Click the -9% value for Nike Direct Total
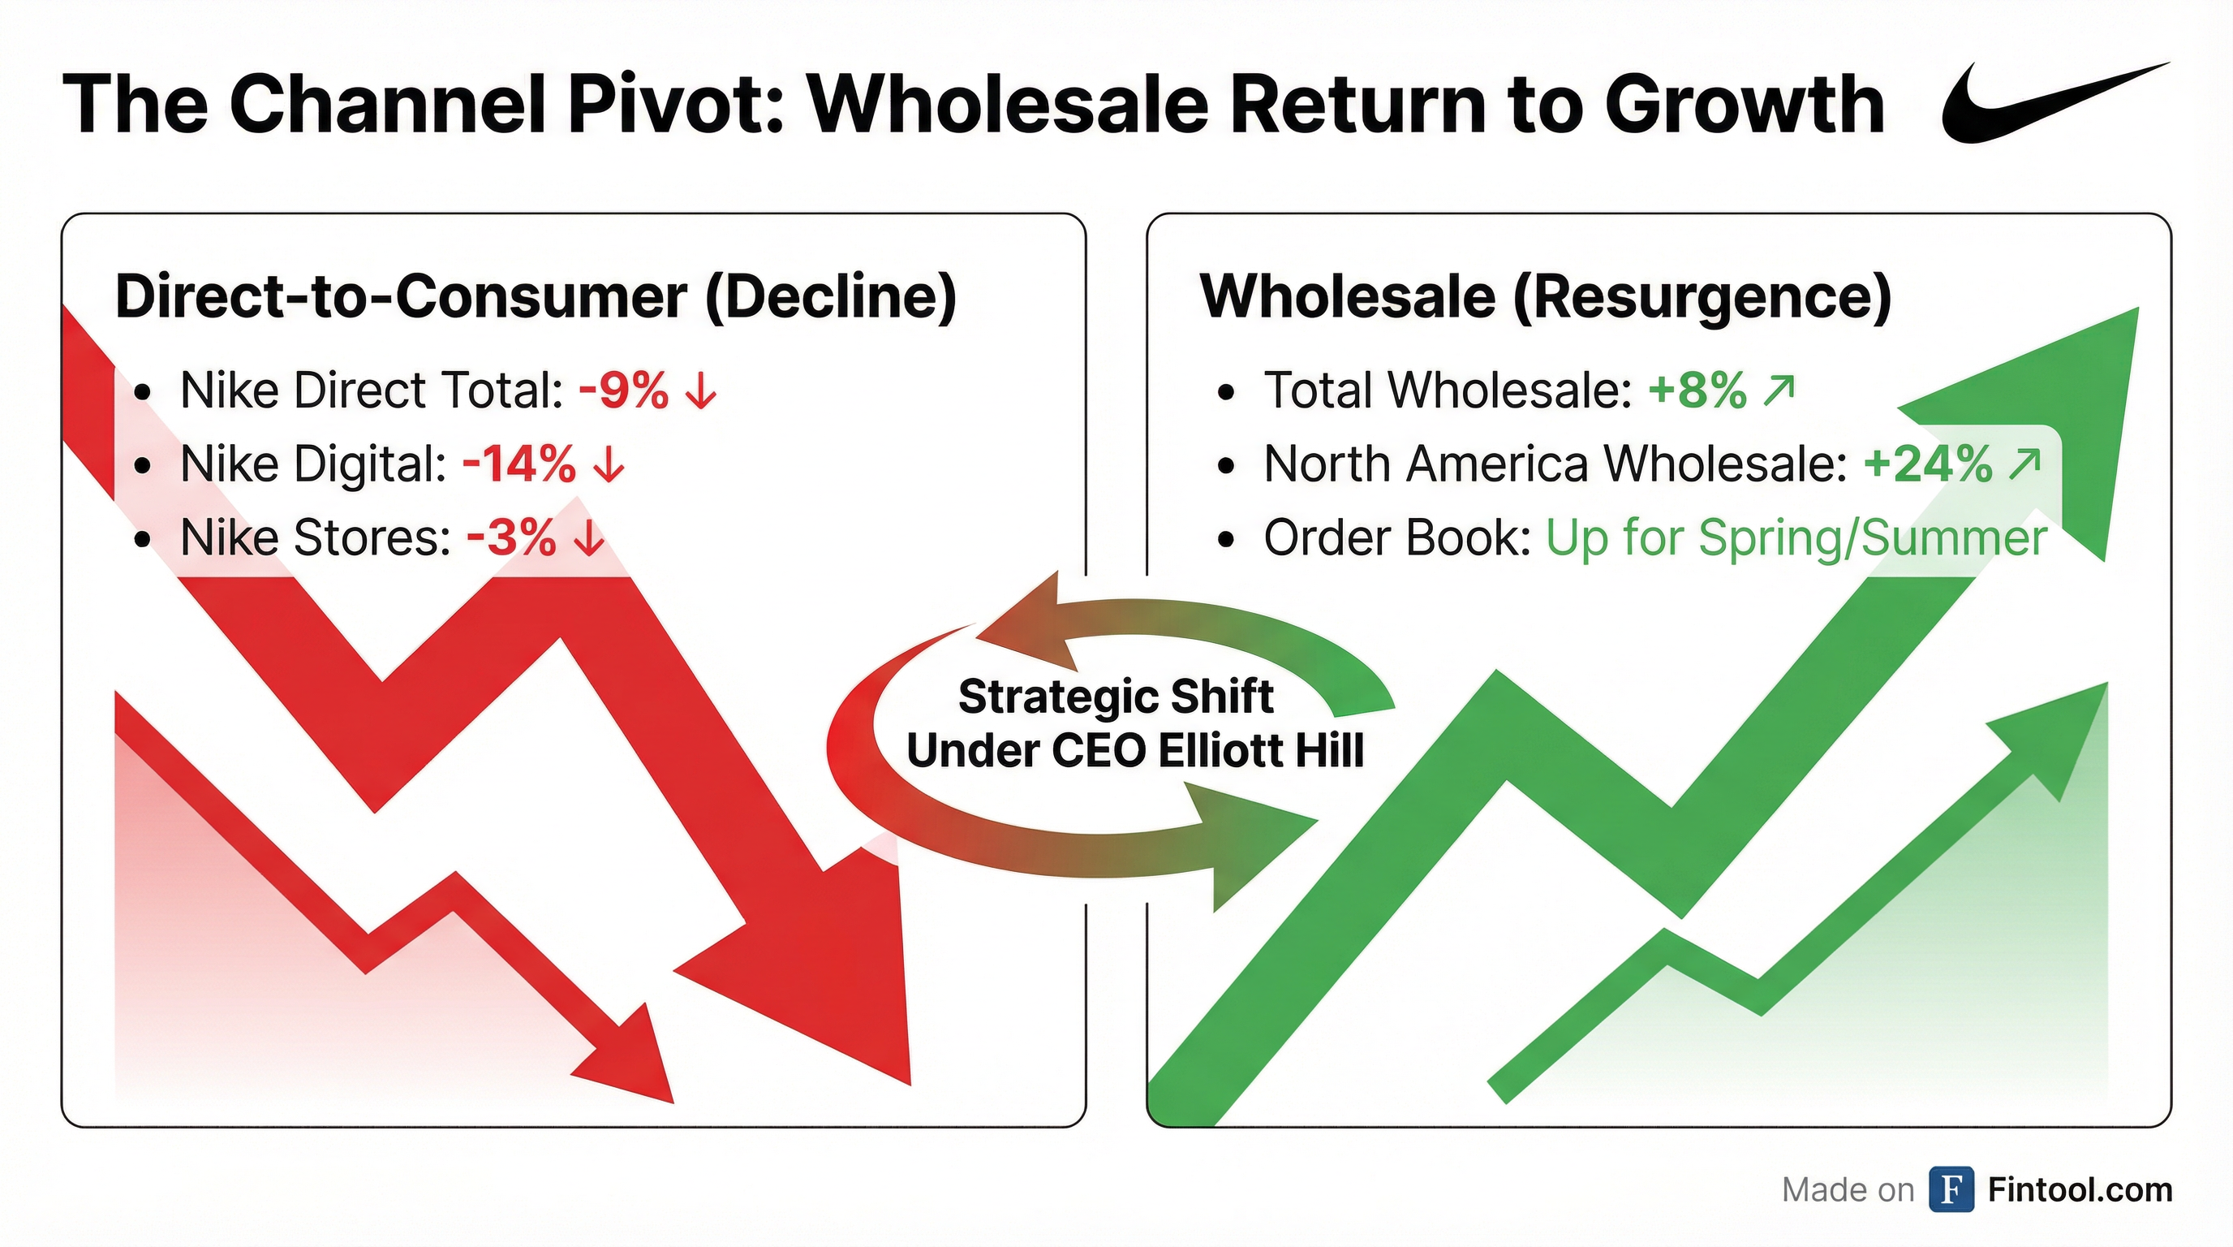(623, 390)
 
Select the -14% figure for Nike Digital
(518, 464)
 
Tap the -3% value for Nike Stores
(510, 537)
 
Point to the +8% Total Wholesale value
(1697, 390)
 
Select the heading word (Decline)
(830, 296)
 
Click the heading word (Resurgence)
(1702, 296)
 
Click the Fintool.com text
(2080, 1190)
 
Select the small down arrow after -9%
(700, 391)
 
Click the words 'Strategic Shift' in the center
(1116, 697)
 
